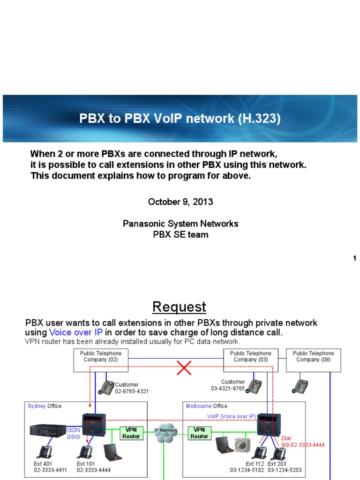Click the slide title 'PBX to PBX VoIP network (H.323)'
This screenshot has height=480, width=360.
click(180, 119)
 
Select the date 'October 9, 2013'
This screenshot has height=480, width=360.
click(180, 202)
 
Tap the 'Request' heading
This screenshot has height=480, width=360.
click(180, 307)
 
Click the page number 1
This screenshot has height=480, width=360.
click(355, 258)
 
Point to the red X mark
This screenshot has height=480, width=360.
click(184, 367)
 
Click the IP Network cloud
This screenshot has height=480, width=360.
click(166, 433)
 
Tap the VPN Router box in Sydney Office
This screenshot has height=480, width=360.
click(131, 433)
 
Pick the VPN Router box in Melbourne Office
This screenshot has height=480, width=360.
click(199, 433)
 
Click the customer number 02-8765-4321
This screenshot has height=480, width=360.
click(132, 391)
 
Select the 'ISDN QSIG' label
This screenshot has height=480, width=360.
click(74, 433)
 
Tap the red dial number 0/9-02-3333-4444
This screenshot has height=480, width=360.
click(303, 444)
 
